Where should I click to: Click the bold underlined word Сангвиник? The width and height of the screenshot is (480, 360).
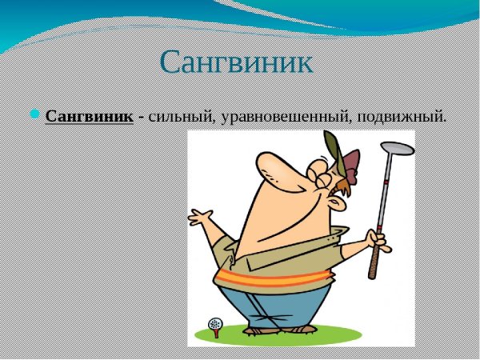point(89,117)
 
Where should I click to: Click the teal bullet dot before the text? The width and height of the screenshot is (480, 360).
point(34,115)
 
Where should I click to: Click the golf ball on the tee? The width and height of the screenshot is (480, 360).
point(214,323)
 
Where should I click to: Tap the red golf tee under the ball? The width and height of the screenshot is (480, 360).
point(214,331)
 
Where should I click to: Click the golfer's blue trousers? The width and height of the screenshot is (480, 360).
point(276,308)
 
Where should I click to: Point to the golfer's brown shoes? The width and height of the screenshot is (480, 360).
point(264,330)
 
